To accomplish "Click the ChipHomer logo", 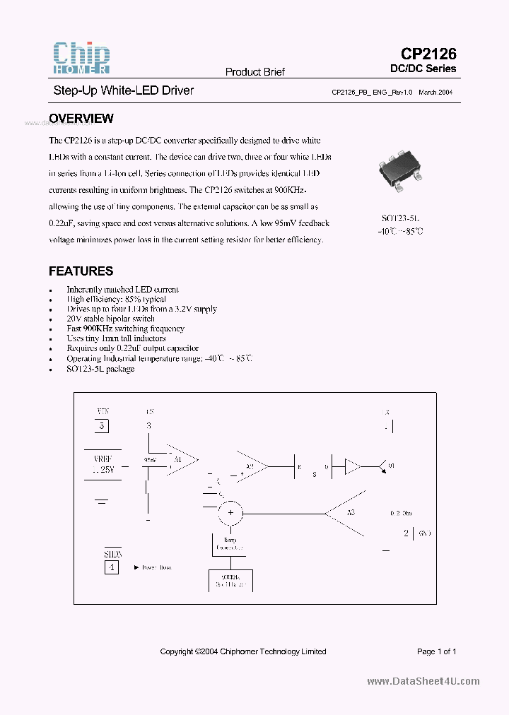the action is pos(81,58).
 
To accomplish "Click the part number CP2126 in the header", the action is pos(428,54).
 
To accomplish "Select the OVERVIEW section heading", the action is pos(81,119).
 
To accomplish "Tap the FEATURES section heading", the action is pos(81,271).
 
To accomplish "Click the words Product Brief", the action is pos(255,72).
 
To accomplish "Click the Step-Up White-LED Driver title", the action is pos(124,90).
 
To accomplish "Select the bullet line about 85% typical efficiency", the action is pos(116,300).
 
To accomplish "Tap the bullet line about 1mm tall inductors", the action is pos(116,338).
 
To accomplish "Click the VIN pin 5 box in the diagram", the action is pos(103,426).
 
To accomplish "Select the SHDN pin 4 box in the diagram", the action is pos(112,567).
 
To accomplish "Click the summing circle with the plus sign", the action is pos(229,514).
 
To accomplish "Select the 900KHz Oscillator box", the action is pos(230,580).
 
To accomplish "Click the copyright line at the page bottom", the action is pos(243,651).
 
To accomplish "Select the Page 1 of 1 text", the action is pos(436,651).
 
